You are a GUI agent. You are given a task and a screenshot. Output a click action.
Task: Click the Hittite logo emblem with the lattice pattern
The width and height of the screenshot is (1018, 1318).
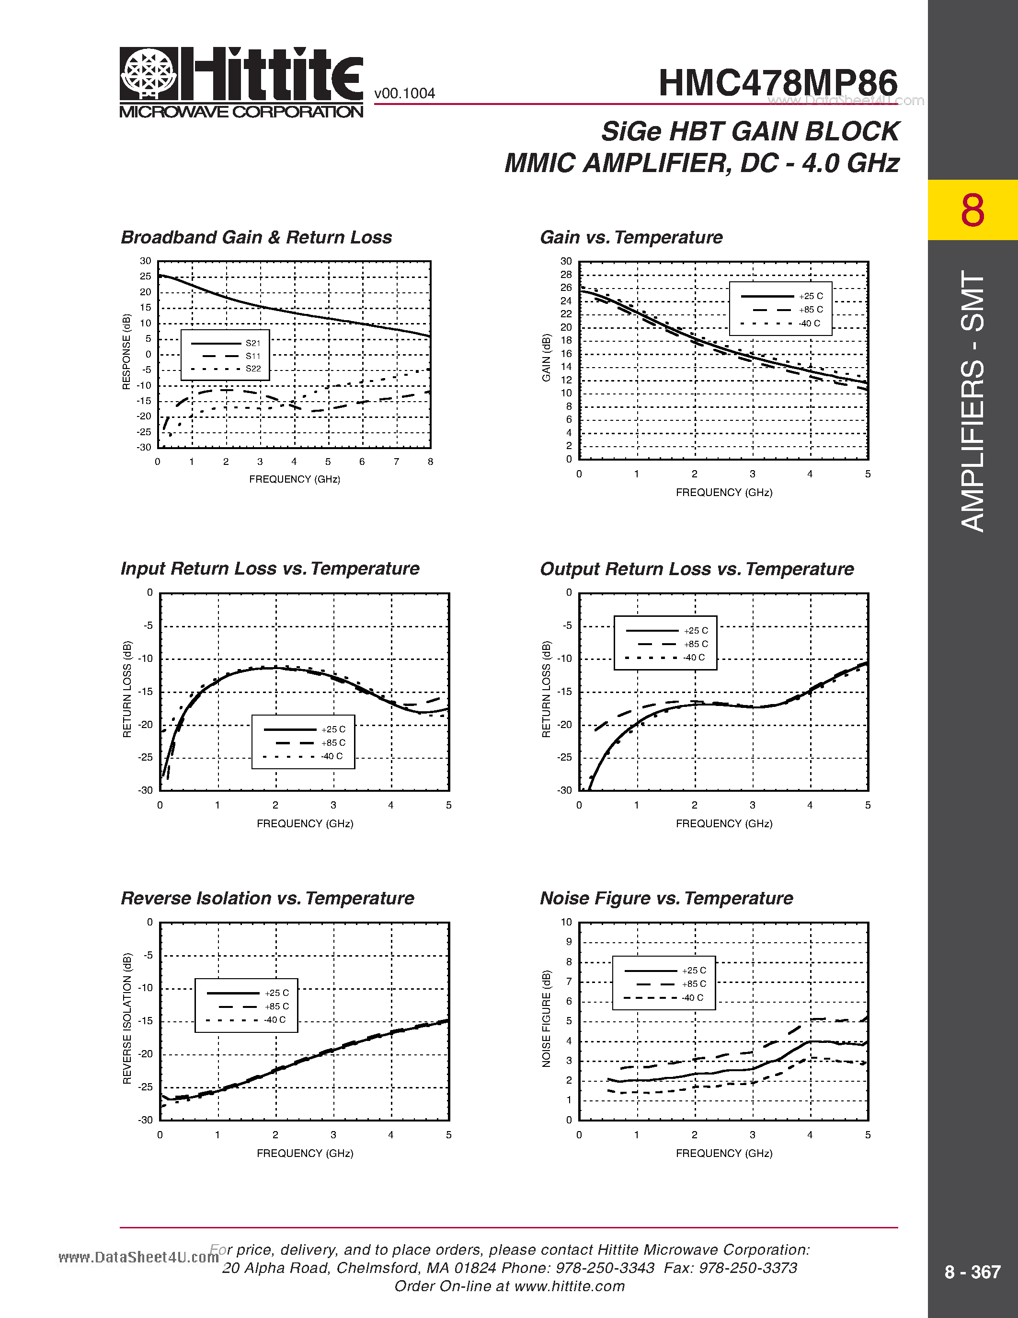coord(149,74)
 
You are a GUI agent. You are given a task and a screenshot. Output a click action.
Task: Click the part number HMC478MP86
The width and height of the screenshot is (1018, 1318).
coord(778,83)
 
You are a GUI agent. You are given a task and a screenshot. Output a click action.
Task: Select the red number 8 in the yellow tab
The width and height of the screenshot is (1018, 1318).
coord(972,210)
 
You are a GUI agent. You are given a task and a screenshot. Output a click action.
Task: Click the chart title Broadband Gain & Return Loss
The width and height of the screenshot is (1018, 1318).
coord(256,237)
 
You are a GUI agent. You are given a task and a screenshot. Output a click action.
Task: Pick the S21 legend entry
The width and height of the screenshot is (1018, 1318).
coord(252,343)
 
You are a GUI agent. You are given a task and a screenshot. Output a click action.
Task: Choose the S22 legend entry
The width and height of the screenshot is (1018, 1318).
coord(252,369)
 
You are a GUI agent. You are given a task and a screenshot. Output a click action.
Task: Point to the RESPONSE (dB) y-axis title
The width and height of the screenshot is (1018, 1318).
coord(126,352)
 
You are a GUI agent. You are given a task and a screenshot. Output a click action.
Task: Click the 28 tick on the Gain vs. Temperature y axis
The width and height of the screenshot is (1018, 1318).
coord(566,275)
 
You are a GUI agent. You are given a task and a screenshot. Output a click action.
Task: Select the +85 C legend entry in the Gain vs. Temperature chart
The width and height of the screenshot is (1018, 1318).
coord(811,310)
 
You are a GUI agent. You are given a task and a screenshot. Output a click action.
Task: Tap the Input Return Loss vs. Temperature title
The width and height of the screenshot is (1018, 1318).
coord(270,568)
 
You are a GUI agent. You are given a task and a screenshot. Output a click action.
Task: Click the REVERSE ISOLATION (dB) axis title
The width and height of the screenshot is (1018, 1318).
coord(126,1018)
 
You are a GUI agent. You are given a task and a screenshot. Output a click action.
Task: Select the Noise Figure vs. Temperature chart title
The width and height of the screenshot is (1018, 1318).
coord(666,898)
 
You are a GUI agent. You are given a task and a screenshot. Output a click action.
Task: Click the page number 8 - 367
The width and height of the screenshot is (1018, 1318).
coord(972,1272)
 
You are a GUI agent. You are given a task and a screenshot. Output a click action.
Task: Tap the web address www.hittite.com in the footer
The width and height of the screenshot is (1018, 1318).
coord(569,1286)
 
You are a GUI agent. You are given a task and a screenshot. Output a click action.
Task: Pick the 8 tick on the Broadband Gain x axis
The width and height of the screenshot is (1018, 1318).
coord(430,462)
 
